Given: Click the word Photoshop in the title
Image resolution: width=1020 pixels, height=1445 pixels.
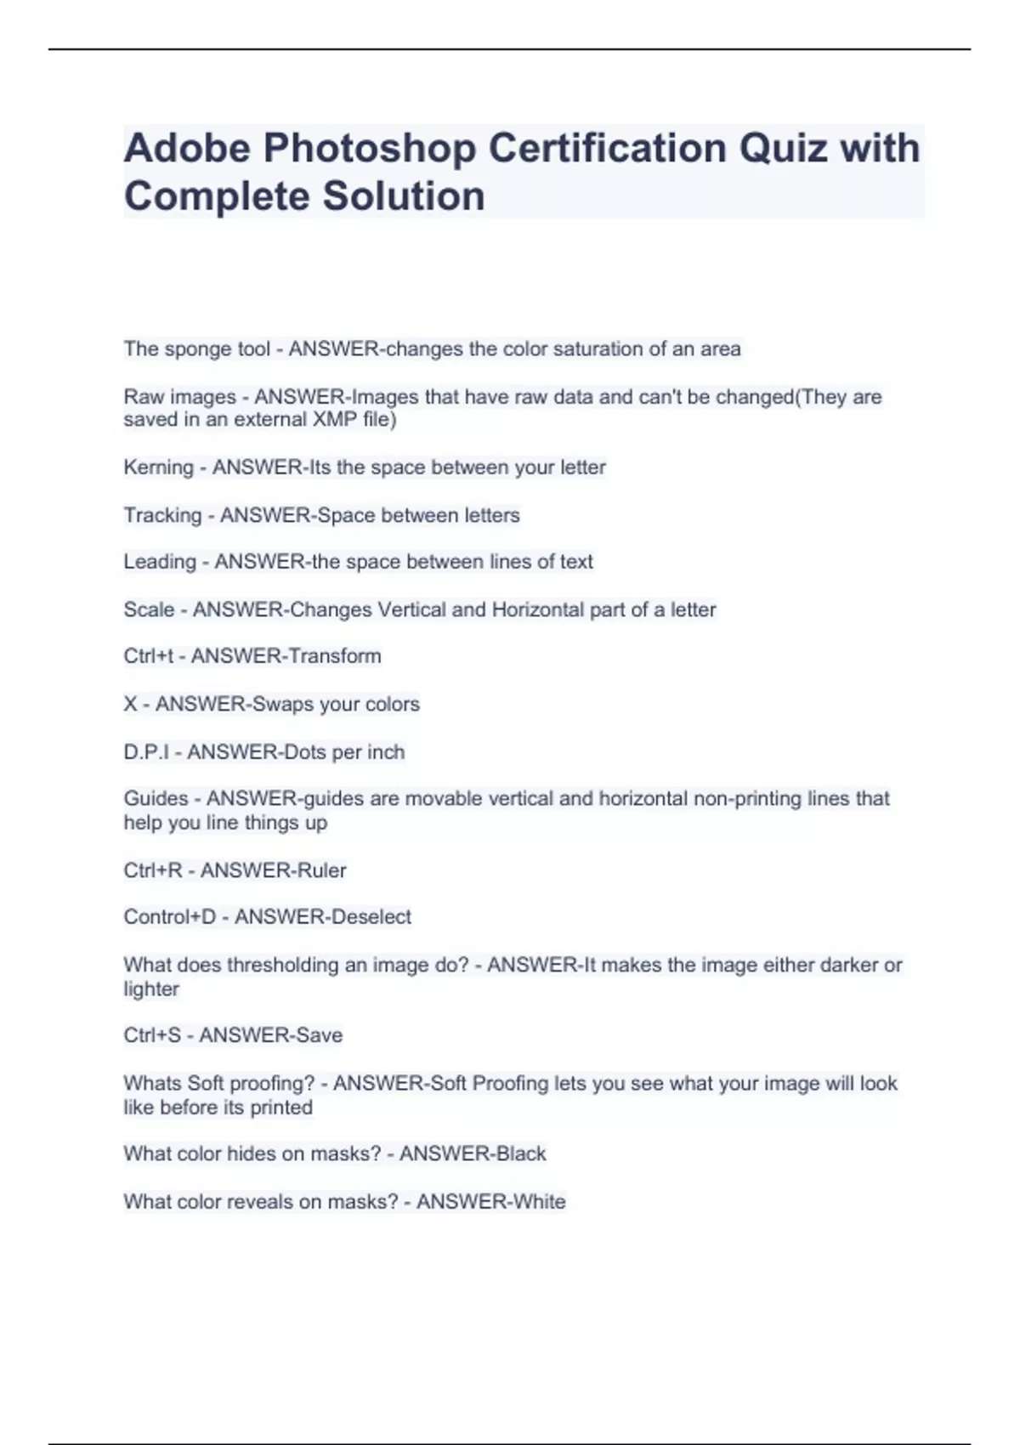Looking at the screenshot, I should coord(369,148).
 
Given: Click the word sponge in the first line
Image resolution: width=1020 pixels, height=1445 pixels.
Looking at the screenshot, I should coord(196,349).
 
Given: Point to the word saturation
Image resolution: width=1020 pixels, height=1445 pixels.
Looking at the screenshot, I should coord(592,349).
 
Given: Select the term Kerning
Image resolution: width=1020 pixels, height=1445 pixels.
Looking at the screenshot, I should coord(158,467).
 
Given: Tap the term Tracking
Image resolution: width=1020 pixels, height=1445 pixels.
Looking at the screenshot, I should coord(162,516).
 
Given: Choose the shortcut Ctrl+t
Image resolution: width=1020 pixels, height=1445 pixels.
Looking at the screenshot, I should coord(148,656).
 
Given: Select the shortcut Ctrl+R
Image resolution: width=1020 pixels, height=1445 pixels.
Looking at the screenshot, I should coord(152,870).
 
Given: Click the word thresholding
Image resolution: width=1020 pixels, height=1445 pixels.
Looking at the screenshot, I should coord(283,966).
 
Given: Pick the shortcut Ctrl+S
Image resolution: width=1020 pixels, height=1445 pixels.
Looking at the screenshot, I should coord(151,1035).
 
